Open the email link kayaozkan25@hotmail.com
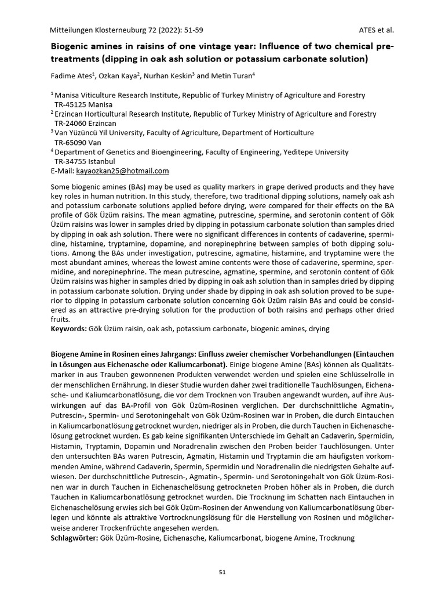[123, 171]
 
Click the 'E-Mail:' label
[63, 171]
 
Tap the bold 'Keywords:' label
[68, 328]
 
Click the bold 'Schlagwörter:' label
[74, 538]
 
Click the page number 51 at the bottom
[222, 572]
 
